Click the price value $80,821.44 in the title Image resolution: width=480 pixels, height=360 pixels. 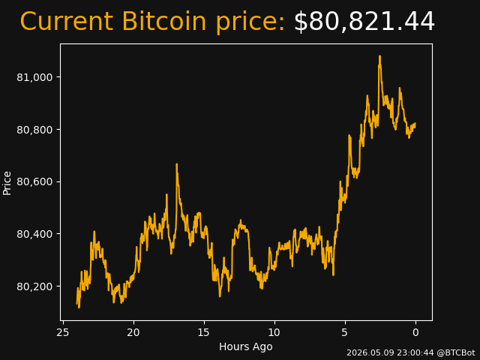[364, 22]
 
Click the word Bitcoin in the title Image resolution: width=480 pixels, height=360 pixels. [164, 21]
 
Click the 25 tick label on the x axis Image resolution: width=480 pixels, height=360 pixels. [63, 332]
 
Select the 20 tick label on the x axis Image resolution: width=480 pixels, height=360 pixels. [133, 332]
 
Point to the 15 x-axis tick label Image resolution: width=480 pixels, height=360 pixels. [204, 332]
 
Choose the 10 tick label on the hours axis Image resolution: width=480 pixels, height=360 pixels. [274, 332]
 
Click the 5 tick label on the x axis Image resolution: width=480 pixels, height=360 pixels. [345, 332]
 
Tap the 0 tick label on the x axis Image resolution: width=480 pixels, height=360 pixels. [415, 332]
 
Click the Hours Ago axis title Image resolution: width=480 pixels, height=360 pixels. [246, 346]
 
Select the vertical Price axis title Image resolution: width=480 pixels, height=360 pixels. [7, 183]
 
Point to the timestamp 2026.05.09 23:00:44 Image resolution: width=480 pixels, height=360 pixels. [390, 353]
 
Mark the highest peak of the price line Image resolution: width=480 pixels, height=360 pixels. [380, 56]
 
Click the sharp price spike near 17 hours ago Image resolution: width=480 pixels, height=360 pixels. [177, 164]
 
